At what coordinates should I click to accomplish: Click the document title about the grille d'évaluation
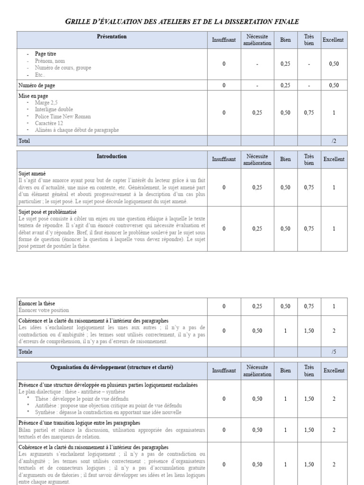pos(182,21)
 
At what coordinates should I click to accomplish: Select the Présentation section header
pos(112,36)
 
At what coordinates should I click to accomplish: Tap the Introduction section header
pos(112,156)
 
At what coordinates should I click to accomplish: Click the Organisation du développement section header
pos(112,367)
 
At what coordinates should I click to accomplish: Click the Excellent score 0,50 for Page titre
pos(334,64)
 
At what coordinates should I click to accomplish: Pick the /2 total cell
pos(334,141)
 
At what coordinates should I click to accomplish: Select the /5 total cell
pos(334,352)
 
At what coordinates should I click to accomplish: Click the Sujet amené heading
pos(32,174)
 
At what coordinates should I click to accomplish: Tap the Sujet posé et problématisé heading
pos(47,212)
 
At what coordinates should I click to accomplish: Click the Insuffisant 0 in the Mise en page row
pos(224,113)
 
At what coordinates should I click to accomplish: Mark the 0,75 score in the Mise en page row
pos(309,113)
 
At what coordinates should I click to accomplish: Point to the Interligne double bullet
pos(54,109)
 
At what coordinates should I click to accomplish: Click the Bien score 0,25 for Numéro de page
pos(285,85)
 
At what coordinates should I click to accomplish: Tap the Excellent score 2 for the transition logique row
pos(334,430)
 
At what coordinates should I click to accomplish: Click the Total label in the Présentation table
pos(24,141)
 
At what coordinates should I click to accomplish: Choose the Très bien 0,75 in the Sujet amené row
pos(309,188)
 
